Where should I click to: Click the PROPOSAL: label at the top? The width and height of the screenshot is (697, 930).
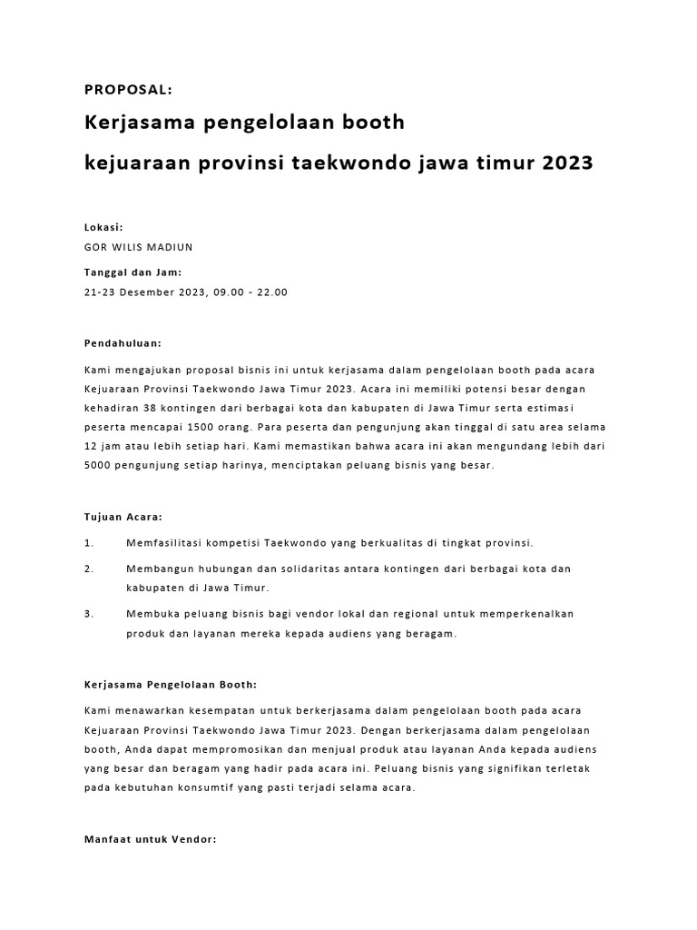(128, 89)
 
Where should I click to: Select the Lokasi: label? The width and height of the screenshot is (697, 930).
(103, 228)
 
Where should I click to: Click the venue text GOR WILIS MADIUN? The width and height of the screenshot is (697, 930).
(138, 247)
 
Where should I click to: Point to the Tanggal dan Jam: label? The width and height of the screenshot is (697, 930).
(133, 272)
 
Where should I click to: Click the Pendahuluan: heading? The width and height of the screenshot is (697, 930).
(123, 344)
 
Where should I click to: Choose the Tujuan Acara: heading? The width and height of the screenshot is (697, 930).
(123, 517)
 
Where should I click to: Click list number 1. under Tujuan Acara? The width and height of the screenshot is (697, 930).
(89, 543)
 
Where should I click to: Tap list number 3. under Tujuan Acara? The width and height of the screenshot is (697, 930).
(89, 614)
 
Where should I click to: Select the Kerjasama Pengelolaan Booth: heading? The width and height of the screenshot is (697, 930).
(171, 685)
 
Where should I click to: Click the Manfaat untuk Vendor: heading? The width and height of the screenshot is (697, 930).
(150, 840)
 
